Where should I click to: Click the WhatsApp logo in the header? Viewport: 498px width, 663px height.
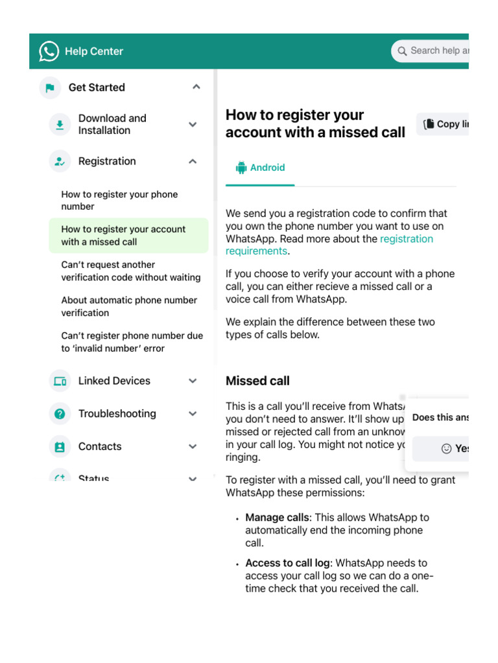[x=49, y=51]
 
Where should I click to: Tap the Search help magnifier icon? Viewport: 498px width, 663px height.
[x=402, y=51]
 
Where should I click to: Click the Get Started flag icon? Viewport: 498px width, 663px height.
[x=50, y=87]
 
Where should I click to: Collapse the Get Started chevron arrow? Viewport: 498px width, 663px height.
[x=196, y=87]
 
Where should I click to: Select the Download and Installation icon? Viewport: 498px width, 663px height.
[x=60, y=124]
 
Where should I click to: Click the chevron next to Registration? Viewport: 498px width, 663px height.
[x=193, y=161]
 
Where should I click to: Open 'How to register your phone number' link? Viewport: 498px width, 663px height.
[x=119, y=200]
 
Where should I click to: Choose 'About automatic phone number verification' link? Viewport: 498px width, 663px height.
[x=129, y=306]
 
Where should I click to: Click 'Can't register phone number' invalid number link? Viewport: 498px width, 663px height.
[x=132, y=342]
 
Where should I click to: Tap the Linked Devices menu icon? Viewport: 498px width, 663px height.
[x=60, y=381]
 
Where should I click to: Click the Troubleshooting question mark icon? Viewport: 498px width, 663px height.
[x=60, y=414]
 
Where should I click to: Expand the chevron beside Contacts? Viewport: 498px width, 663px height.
[x=193, y=446]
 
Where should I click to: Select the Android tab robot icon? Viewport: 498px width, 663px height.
[x=241, y=168]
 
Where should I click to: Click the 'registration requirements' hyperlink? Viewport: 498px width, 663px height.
[x=406, y=239]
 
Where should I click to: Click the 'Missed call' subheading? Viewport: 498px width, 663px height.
[x=257, y=381]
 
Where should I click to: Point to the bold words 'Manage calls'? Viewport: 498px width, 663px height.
[x=277, y=517]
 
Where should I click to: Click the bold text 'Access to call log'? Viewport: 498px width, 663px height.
[x=287, y=563]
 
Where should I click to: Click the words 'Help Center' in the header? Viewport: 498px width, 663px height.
[x=94, y=51]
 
